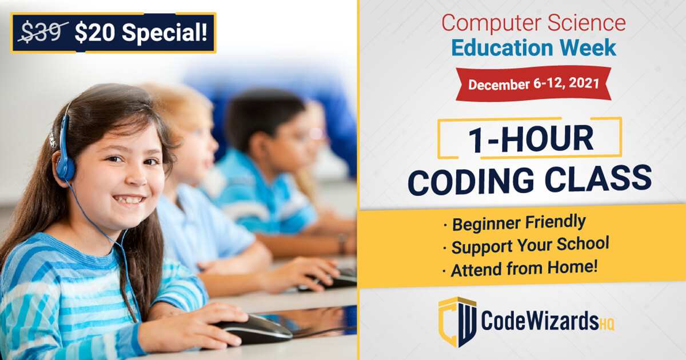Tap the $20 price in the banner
pyautogui.click(x=95, y=32)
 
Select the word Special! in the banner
pyautogui.click(x=165, y=33)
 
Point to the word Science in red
pyautogui.click(x=587, y=22)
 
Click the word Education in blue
pyautogui.click(x=502, y=47)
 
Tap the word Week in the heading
pyautogui.click(x=588, y=47)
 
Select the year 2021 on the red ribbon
pyautogui.click(x=584, y=83)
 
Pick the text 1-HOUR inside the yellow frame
pyautogui.click(x=531, y=139)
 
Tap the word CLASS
pyautogui.click(x=598, y=178)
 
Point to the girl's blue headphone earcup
pyautogui.click(x=65, y=168)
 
